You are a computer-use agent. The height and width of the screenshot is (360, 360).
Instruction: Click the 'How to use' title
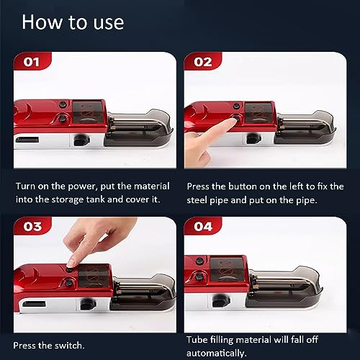73,22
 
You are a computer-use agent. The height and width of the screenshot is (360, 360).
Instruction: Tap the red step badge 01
32,61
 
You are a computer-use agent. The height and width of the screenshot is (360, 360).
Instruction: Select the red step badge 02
203,61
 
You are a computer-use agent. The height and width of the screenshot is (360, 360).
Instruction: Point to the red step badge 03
32,226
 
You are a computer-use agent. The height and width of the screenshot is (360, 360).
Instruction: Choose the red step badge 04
203,226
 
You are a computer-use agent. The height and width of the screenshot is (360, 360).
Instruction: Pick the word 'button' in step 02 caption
243,186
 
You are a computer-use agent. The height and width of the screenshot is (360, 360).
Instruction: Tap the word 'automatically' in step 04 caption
217,354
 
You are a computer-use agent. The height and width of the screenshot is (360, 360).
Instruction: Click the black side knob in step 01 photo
81,140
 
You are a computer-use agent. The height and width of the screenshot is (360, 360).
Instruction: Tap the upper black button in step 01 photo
63,104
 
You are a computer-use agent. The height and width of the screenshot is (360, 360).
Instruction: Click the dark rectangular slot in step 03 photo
34,304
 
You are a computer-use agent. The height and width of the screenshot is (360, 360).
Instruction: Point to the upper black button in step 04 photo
199,261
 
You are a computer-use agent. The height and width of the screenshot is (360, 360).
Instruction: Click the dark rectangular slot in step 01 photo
27,140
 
